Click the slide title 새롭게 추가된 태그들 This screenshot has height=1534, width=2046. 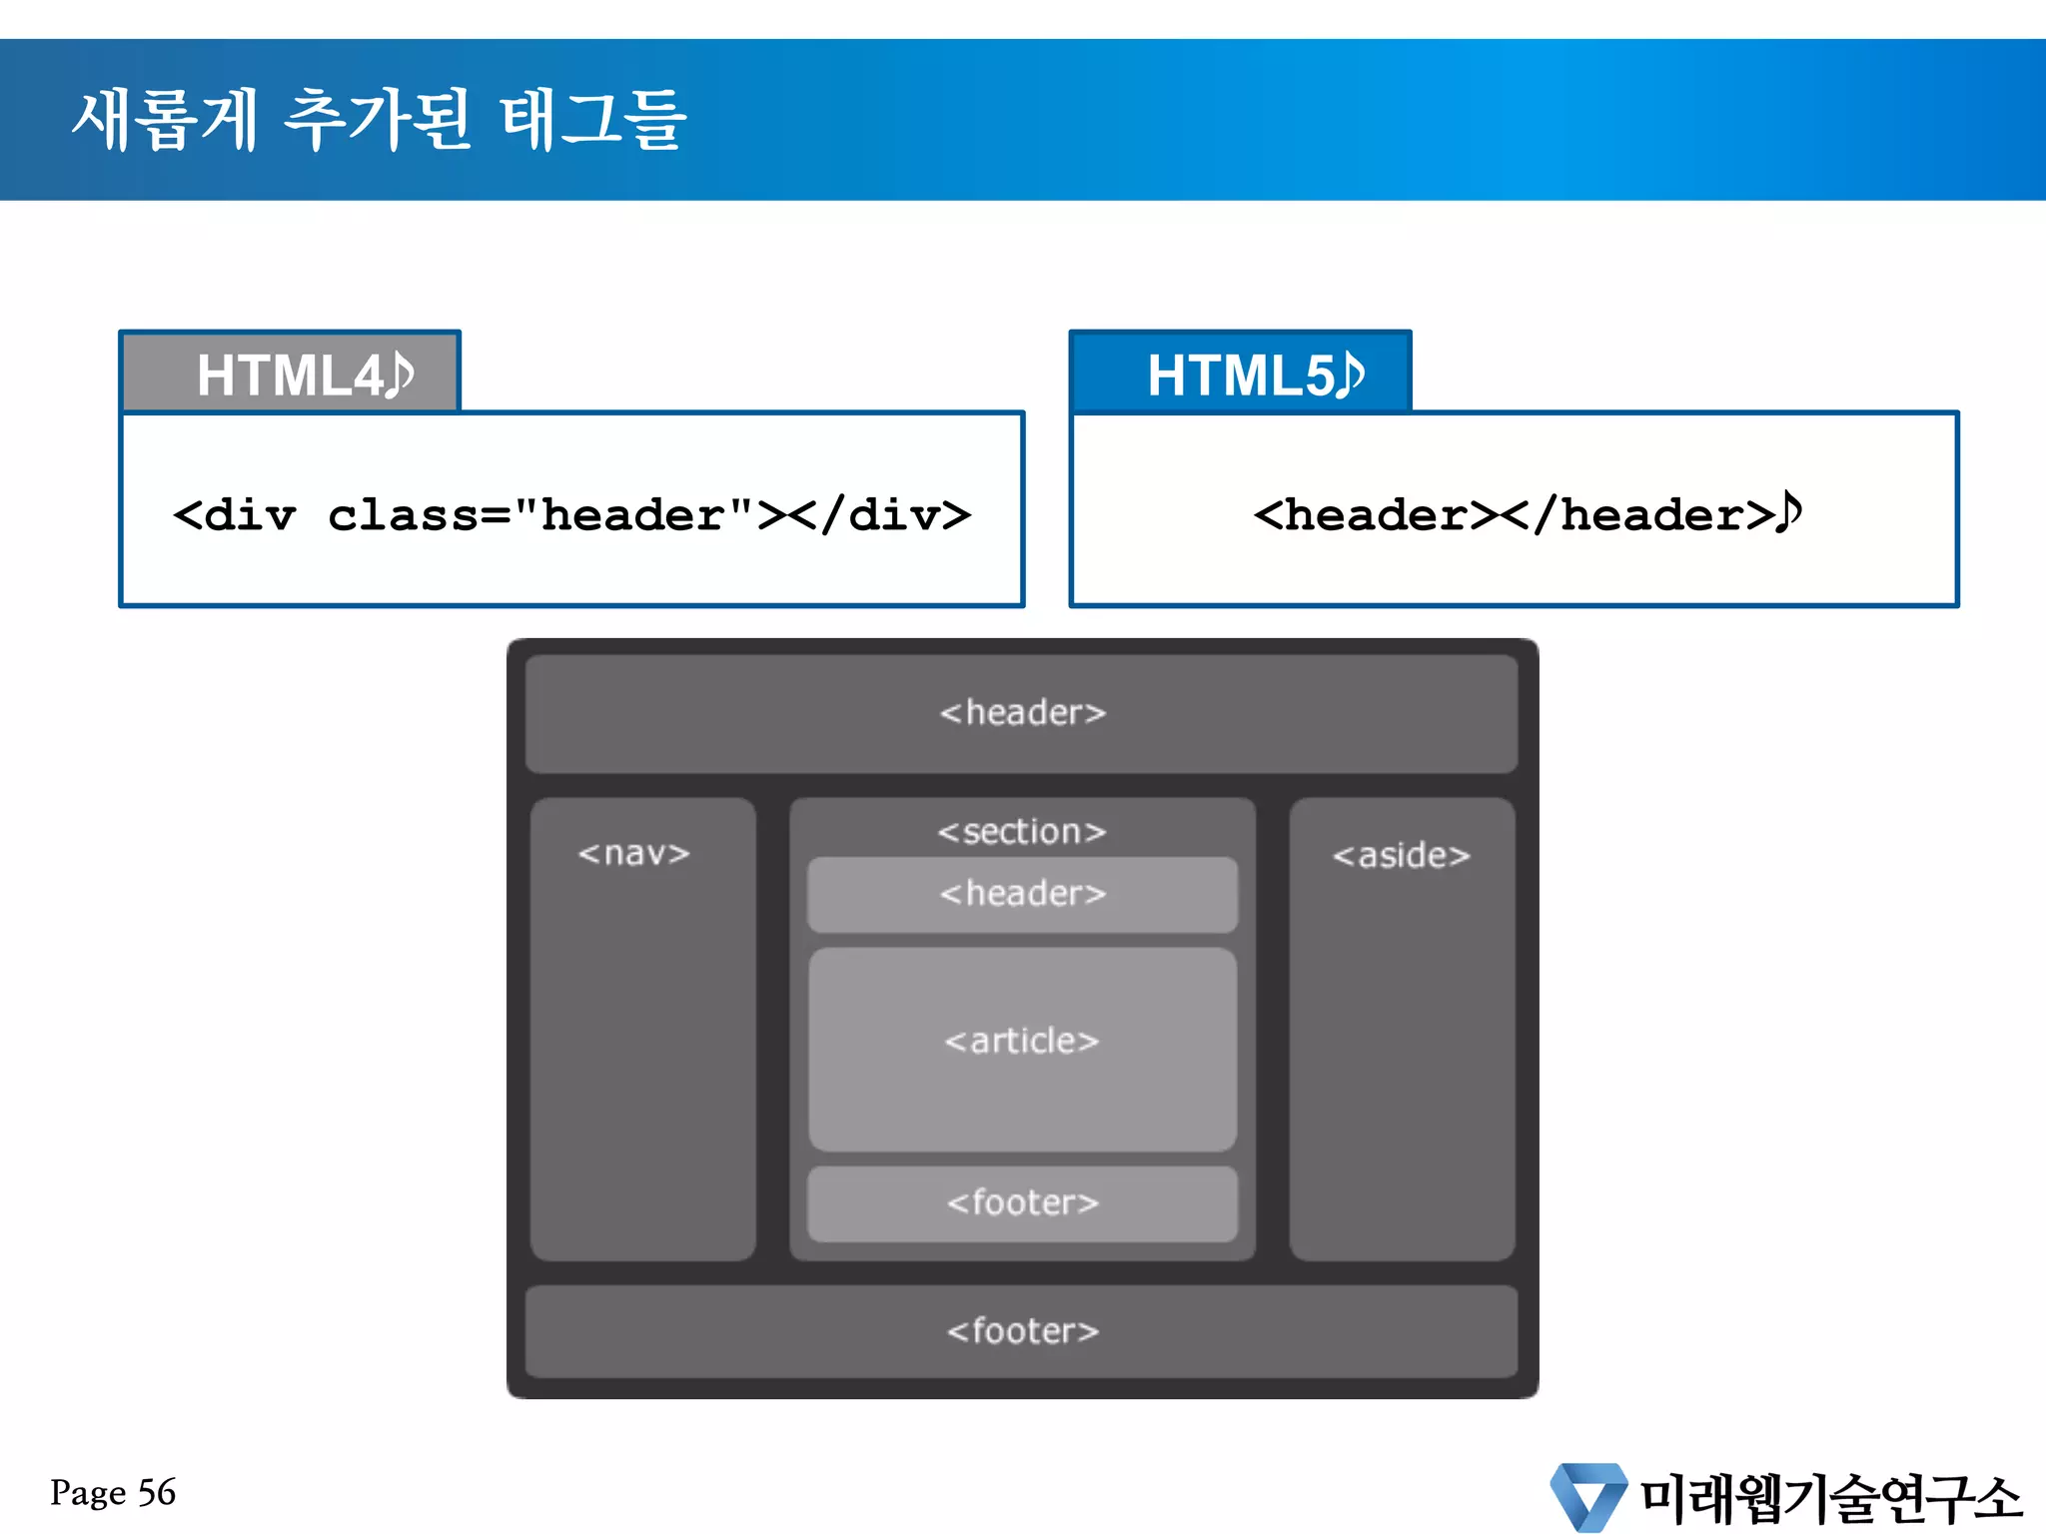click(380, 120)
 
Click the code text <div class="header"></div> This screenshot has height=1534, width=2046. click(571, 515)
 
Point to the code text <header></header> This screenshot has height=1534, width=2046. click(1513, 515)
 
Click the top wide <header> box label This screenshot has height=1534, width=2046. click(1022, 713)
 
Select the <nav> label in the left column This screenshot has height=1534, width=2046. click(633, 854)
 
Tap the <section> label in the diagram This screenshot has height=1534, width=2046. click(1022, 832)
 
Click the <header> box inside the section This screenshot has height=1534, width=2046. click(1022, 894)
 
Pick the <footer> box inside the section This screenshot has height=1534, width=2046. click(1022, 1203)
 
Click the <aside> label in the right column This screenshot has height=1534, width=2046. click(1401, 856)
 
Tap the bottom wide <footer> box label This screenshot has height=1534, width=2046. click(1022, 1331)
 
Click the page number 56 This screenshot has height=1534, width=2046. click(157, 1492)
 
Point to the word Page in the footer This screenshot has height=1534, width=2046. click(88, 1493)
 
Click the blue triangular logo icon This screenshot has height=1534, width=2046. click(1588, 1496)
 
